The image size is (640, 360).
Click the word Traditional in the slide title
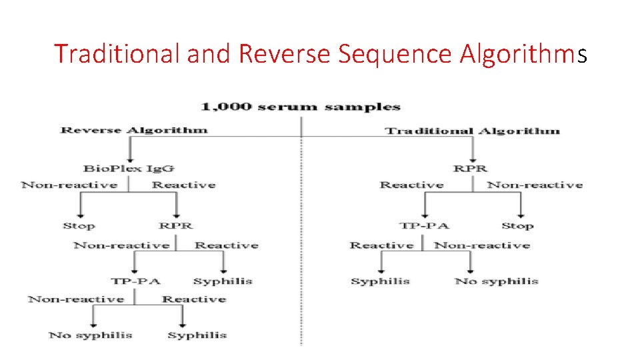[117, 53]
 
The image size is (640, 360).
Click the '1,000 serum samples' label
[301, 107]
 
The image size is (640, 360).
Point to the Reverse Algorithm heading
[134, 130]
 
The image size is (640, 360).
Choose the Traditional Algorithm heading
[473, 131]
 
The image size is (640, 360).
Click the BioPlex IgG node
[128, 169]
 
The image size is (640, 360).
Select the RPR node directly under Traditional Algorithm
[470, 169]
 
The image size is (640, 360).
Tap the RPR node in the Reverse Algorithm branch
[175, 226]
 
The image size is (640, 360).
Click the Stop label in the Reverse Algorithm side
[79, 226]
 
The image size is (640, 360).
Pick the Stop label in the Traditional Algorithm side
[517, 226]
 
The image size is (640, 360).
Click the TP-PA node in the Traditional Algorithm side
[424, 226]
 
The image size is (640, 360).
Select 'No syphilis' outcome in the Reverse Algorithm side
[91, 335]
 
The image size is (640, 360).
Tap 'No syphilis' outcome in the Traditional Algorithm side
[496, 281]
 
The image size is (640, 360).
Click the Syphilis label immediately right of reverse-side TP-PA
[223, 281]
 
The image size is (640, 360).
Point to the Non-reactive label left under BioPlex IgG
[69, 185]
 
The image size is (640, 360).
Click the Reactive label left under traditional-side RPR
[411, 185]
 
